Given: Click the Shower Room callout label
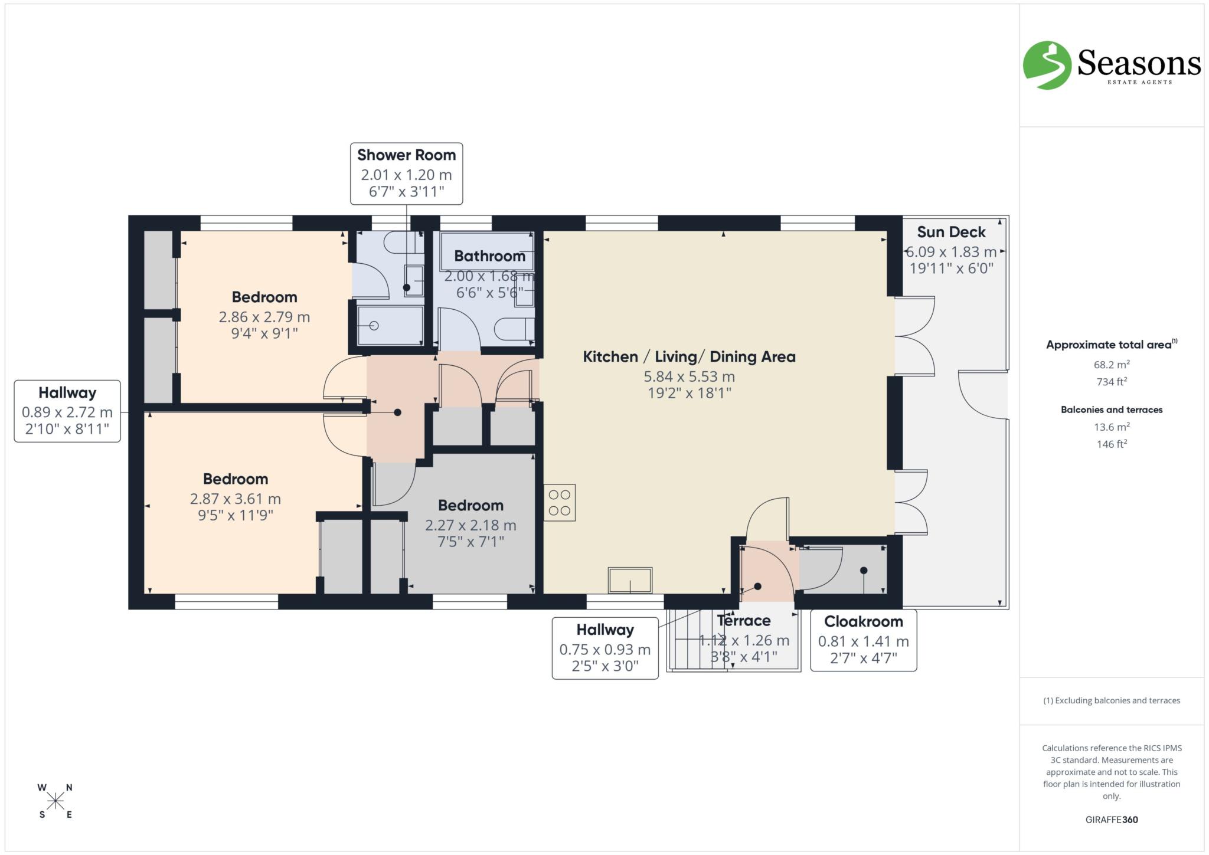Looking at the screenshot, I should [406, 173].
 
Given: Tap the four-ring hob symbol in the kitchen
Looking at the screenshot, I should [559, 503].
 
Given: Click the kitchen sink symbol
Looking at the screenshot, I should [630, 580].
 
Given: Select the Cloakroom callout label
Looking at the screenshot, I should [863, 640].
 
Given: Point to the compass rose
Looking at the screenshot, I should [55, 801].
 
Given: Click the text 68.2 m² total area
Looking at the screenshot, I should [1111, 365].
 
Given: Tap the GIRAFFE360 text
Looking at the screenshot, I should [1111, 820].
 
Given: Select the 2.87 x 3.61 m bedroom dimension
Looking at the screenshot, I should [235, 499].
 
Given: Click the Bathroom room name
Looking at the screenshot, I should [489, 256].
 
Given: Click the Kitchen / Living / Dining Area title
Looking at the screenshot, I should [689, 356].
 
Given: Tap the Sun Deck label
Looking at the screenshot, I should [950, 232].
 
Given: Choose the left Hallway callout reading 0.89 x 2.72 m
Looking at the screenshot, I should [67, 411].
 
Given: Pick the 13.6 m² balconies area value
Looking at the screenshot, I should [1111, 427].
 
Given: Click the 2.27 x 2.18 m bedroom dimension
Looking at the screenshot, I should [470, 525].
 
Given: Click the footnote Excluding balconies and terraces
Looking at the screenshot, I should [1111, 700].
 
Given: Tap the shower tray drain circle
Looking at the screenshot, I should [373, 326].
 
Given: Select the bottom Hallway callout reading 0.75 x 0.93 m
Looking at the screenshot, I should [604, 648].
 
